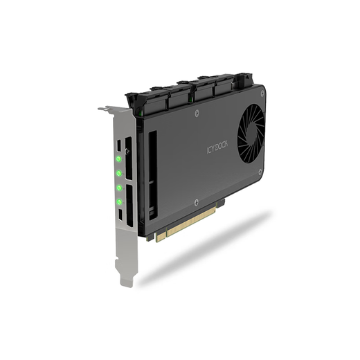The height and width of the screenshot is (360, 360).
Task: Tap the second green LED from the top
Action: (119, 174)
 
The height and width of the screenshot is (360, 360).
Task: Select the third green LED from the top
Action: (119, 188)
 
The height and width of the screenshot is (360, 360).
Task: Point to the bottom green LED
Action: (119, 202)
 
